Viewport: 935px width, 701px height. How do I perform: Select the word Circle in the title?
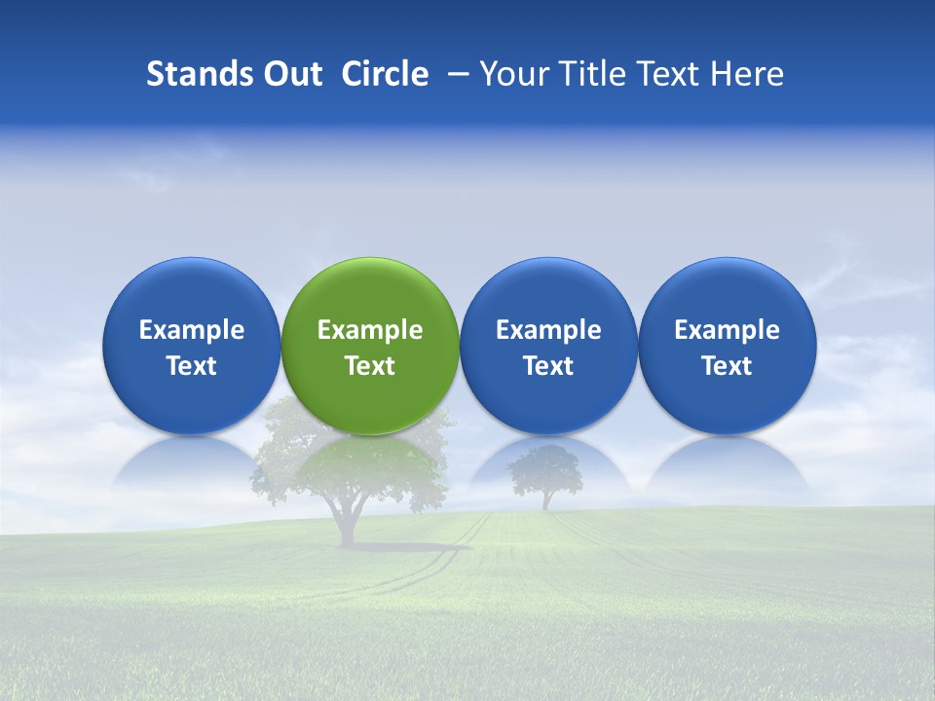point(385,74)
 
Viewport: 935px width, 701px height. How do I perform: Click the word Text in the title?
point(670,74)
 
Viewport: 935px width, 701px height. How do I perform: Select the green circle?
point(370,346)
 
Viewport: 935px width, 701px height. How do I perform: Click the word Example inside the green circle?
point(370,330)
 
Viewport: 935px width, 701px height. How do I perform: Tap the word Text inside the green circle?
point(370,366)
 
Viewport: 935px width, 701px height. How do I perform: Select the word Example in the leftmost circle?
point(192,330)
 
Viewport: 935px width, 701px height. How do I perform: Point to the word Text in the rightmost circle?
point(727,366)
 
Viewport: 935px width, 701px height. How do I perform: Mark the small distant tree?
point(546,477)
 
